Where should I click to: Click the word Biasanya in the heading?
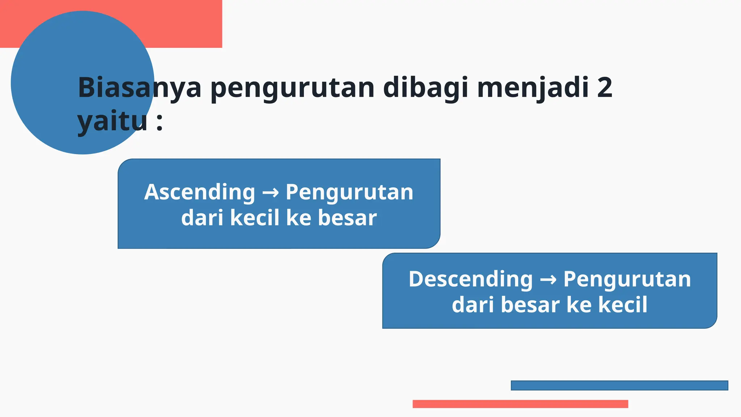pos(139,88)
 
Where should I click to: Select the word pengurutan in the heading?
pos(292,89)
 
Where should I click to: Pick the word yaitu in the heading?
pos(113,122)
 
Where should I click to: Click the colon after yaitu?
pos(159,122)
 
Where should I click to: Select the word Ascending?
pos(200,192)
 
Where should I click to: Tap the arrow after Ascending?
pos(270,193)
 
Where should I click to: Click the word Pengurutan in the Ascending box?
pos(349,192)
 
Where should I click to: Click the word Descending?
pos(471,279)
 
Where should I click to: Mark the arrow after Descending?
pos(548,280)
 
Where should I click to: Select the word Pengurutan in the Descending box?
pos(627,279)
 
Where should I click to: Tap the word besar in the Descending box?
pos(530,305)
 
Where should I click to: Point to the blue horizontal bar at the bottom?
pos(619,386)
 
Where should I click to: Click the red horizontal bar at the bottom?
pos(520,404)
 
